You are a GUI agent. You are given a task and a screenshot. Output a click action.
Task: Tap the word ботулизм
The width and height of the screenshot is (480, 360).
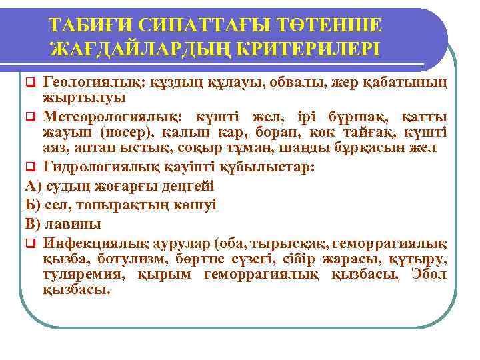pos(128,259)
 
